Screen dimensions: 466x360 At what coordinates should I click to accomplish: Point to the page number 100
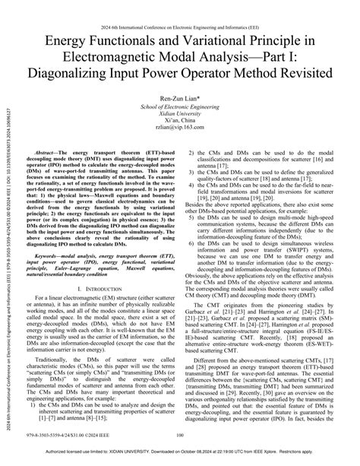pos(180,435)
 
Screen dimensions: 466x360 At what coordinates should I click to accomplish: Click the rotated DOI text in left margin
pos(8,228)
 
